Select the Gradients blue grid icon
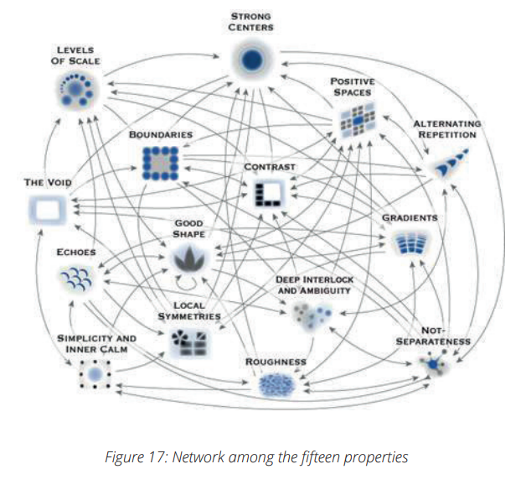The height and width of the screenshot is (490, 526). [x=410, y=244]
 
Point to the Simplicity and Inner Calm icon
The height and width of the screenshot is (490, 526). [x=95, y=373]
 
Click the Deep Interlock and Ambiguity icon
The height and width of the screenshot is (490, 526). [x=312, y=314]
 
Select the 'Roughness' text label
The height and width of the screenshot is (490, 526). [x=275, y=362]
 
